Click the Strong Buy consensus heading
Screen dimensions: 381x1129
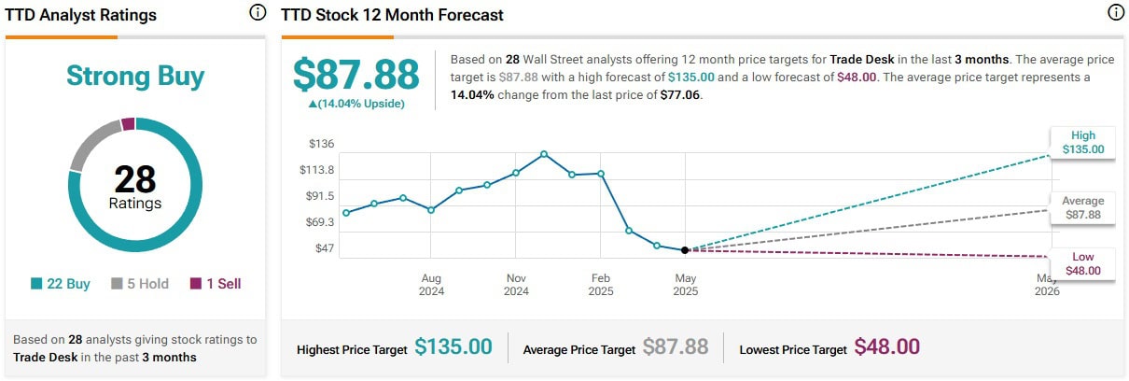[x=135, y=77]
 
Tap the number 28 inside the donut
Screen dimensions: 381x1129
[x=134, y=178]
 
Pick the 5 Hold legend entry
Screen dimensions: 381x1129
[x=140, y=284]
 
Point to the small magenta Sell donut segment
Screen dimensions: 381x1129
[x=129, y=123]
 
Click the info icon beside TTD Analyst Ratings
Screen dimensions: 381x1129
[x=258, y=13]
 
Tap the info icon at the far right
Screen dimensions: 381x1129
[x=1115, y=13]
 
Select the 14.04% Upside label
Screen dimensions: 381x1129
[x=349, y=104]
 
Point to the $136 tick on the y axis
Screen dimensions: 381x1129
[x=320, y=144]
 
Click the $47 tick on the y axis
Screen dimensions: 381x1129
[x=324, y=248]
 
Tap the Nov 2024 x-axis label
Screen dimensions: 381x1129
[x=516, y=285]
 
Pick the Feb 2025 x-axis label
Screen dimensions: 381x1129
[x=601, y=285]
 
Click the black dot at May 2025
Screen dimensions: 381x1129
[x=685, y=250]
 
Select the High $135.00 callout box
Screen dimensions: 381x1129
[x=1082, y=142]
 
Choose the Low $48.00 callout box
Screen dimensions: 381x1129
[x=1082, y=264]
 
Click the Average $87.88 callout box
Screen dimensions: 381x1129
[x=1082, y=207]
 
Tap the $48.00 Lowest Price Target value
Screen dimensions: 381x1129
[x=886, y=347]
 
